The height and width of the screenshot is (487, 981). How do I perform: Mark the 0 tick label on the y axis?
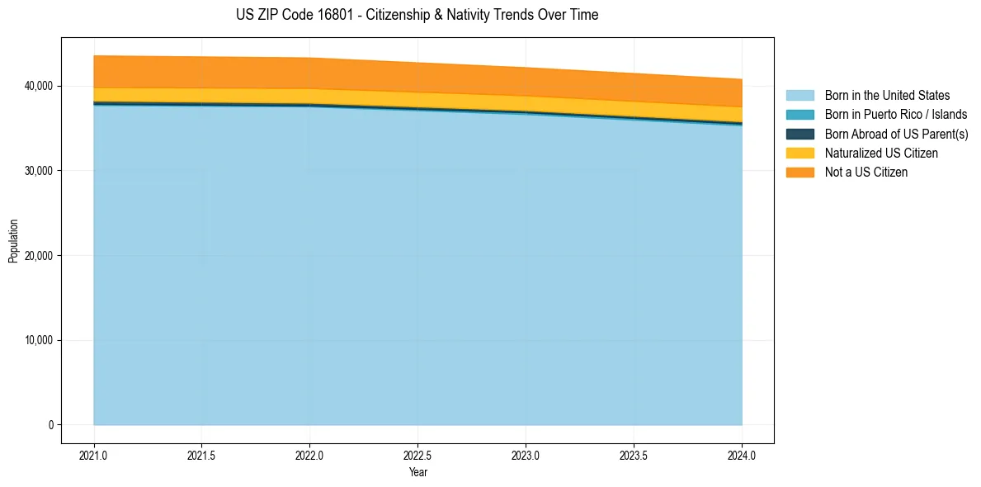click(x=49, y=425)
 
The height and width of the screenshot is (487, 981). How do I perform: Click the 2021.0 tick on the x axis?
click(x=94, y=455)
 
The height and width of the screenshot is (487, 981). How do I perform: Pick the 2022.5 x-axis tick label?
click(x=418, y=455)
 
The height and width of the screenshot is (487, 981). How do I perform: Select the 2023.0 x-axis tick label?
click(x=526, y=455)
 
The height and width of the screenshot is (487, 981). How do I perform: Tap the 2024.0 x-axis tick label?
click(x=742, y=455)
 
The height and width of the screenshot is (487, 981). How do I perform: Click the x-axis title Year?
click(x=418, y=472)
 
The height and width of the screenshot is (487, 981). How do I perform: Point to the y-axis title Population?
click(x=13, y=241)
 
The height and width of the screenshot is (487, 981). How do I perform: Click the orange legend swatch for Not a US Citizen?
click(x=799, y=172)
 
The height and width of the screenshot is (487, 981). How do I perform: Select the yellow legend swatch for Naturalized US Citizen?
click(x=799, y=153)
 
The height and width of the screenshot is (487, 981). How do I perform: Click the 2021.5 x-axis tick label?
click(x=202, y=455)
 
